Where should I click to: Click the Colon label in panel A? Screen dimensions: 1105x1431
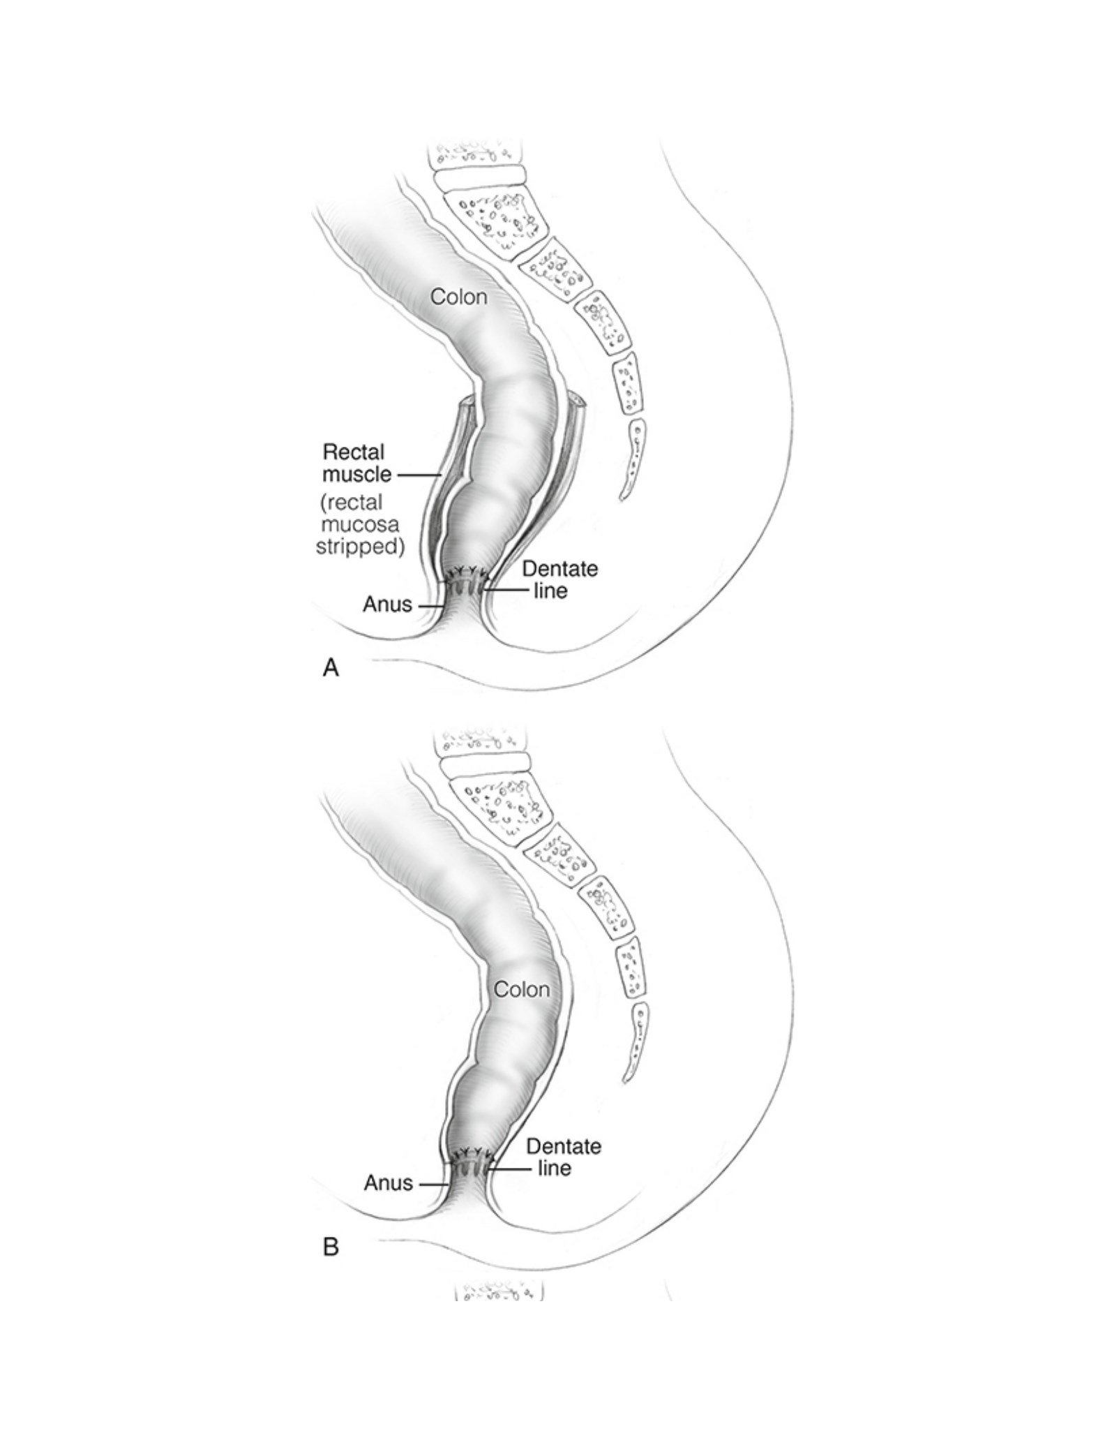(458, 297)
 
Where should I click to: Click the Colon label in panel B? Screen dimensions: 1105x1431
(522, 989)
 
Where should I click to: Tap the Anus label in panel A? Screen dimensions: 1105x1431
(387, 604)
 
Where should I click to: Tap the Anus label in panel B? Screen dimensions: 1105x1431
(389, 1182)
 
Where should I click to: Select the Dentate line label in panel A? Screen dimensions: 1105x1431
(559, 579)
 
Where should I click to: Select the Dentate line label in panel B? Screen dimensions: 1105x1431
(564, 1157)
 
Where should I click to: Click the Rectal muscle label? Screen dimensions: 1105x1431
(356, 463)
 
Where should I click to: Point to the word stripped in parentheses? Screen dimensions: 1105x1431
(360, 546)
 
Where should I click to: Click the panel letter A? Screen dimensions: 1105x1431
(331, 668)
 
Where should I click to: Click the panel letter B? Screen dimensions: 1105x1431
(331, 1246)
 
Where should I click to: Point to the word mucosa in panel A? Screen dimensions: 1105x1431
(360, 524)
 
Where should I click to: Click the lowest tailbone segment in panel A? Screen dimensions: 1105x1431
(632, 459)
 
